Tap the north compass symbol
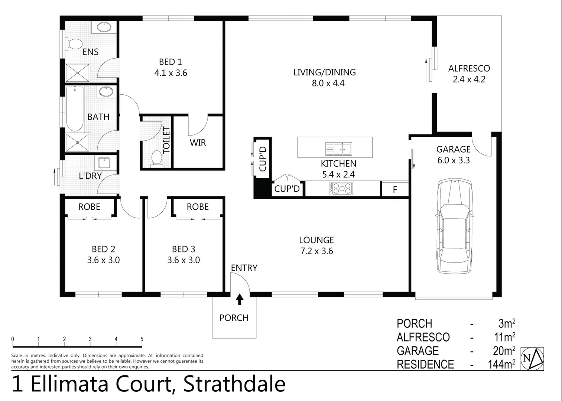tap(532, 359)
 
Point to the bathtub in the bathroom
tap(75, 109)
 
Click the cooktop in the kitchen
tap(340, 189)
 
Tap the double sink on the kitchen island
tap(339, 149)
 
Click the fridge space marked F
tap(395, 189)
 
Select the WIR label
tap(198, 143)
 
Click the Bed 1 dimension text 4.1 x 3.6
tap(170, 73)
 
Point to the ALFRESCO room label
tap(469, 68)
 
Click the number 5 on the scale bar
tap(142, 339)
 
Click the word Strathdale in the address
tap(234, 384)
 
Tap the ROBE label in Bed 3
tap(198, 207)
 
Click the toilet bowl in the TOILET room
tap(157, 158)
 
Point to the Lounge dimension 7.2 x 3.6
tap(316, 251)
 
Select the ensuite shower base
tap(78, 73)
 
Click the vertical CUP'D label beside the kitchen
tap(263, 159)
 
